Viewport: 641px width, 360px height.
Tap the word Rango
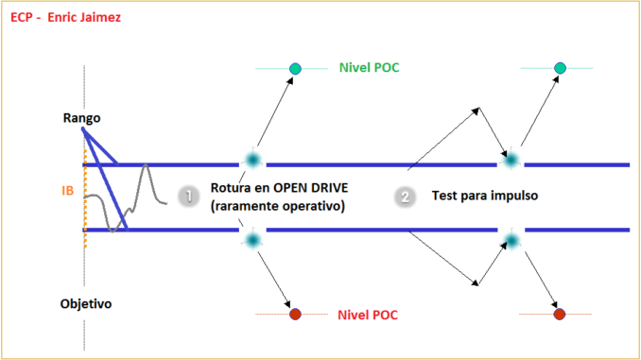click(82, 118)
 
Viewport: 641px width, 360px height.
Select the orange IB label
click(68, 190)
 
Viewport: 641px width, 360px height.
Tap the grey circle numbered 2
click(406, 197)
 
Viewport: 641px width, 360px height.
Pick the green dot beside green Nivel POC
click(295, 68)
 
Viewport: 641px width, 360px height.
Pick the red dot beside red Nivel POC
click(295, 314)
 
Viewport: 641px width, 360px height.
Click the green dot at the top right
click(560, 68)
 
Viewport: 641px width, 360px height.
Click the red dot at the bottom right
click(559, 314)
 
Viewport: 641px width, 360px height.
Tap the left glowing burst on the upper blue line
click(252, 160)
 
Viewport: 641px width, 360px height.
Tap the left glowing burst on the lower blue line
click(252, 240)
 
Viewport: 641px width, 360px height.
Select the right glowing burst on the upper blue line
click(511, 160)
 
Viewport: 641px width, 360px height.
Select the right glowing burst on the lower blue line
click(511, 240)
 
